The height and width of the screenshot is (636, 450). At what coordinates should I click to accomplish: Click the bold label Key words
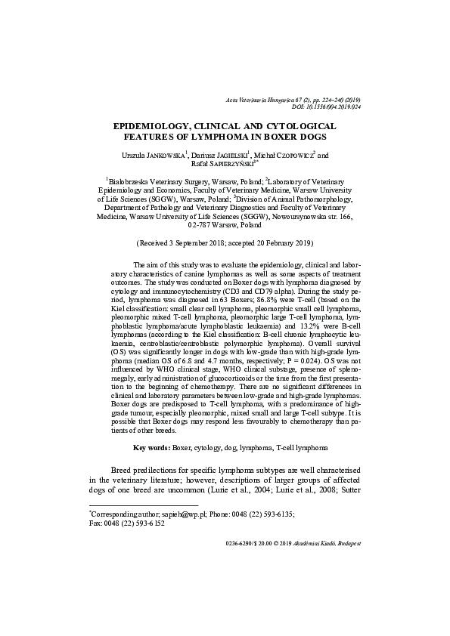coord(151,448)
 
